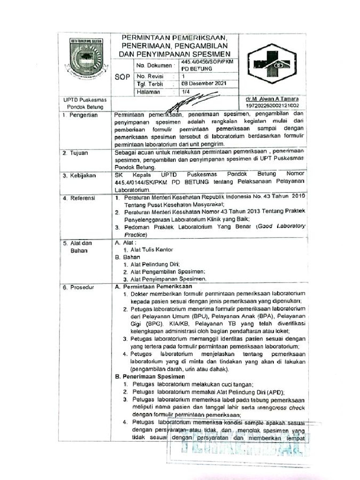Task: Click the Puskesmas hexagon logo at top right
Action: [x=272, y=64]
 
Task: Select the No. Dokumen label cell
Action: [x=154, y=66]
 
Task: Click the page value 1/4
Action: [x=186, y=92]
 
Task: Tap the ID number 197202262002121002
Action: [x=275, y=107]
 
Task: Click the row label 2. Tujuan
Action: [x=76, y=153]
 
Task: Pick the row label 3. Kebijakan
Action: [x=79, y=175]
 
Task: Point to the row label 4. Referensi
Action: [x=79, y=198]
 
